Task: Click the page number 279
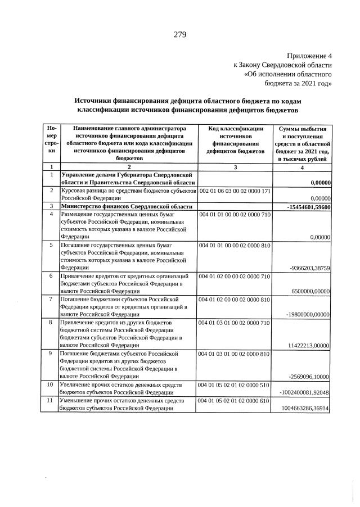coord(179,35)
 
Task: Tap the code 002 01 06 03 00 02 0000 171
coord(235,191)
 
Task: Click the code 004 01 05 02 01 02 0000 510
coord(235,384)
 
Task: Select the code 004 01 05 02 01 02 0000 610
coord(235,400)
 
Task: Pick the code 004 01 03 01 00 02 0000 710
coord(235,323)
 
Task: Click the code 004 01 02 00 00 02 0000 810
coord(235,300)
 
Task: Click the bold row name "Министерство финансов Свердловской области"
coord(123,207)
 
